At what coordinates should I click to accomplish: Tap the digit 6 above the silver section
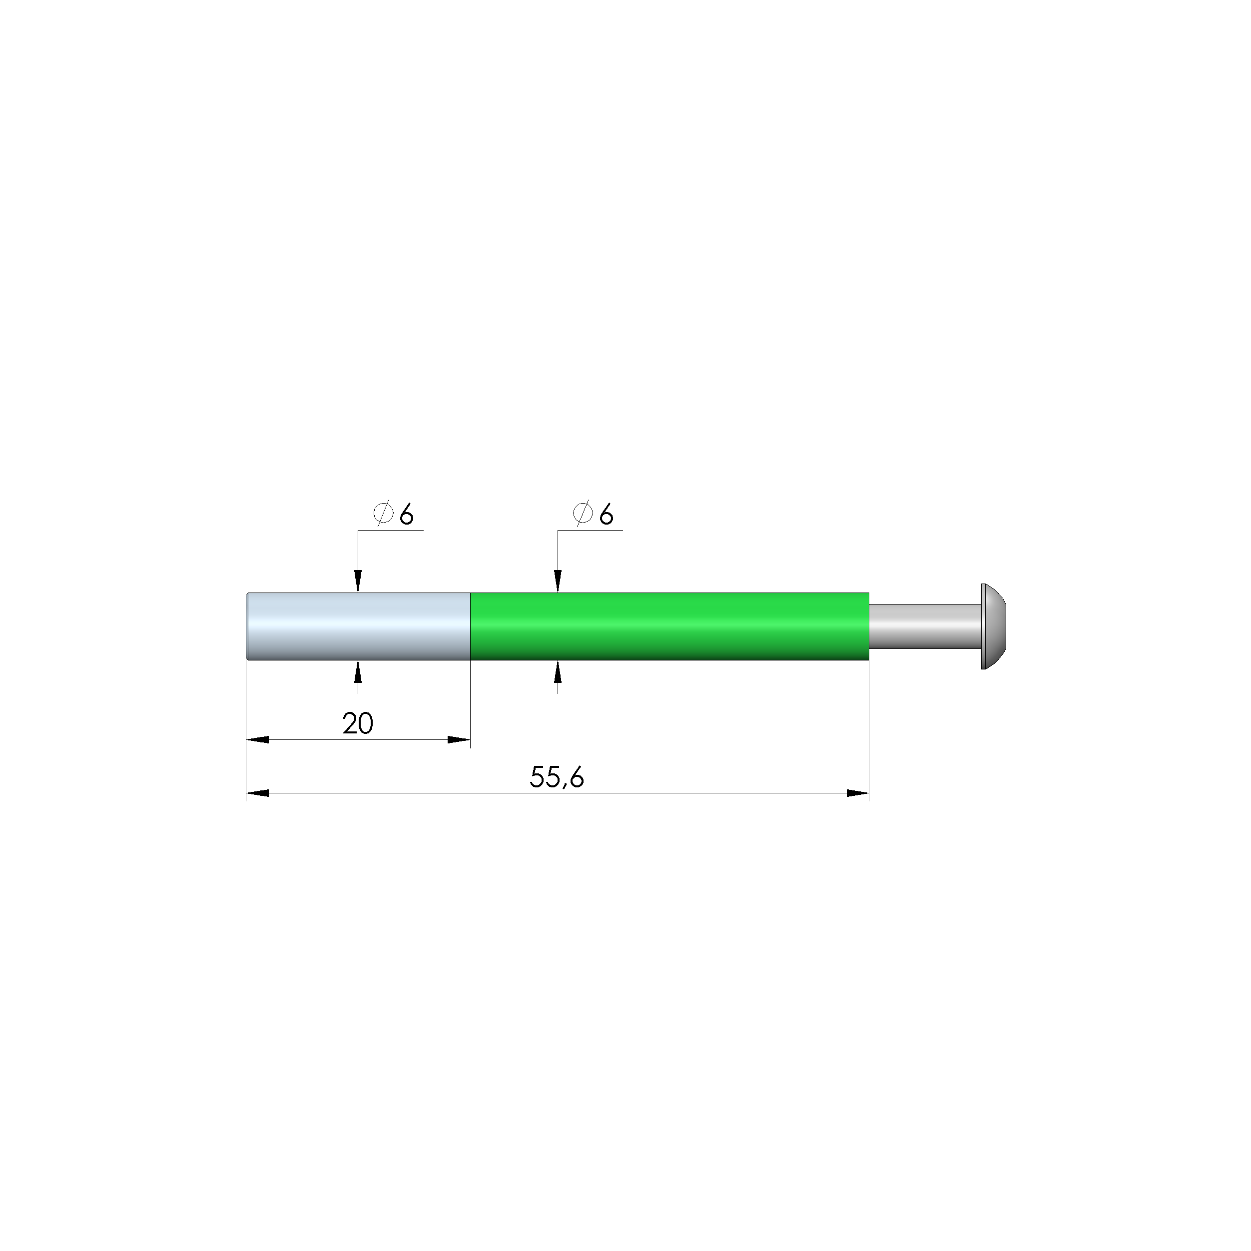(407, 515)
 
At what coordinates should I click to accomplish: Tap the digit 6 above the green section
(606, 515)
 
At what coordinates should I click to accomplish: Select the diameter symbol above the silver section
(383, 514)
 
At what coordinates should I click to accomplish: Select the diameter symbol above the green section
(583, 514)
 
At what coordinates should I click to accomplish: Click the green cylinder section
(669, 626)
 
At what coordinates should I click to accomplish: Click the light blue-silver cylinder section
(359, 626)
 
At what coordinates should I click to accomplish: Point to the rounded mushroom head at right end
(994, 626)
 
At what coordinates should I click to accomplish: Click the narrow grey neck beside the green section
(925, 626)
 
